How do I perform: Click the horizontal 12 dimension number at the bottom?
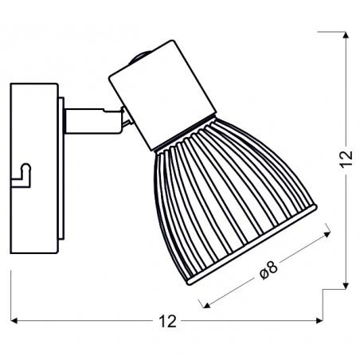(166, 322)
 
